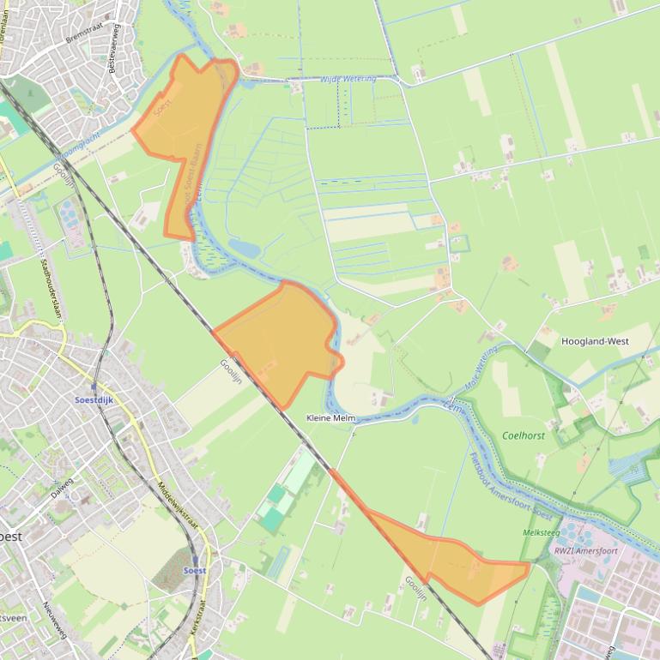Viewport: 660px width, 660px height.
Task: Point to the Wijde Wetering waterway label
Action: (348, 79)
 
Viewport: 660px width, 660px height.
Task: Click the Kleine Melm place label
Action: (331, 417)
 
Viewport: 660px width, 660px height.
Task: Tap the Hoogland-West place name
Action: (595, 341)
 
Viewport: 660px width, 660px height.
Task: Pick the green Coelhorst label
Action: (523, 435)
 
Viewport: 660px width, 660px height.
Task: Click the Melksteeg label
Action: (541, 532)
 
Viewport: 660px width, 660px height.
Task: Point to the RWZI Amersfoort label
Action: (585, 551)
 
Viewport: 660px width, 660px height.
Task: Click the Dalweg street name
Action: (62, 489)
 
